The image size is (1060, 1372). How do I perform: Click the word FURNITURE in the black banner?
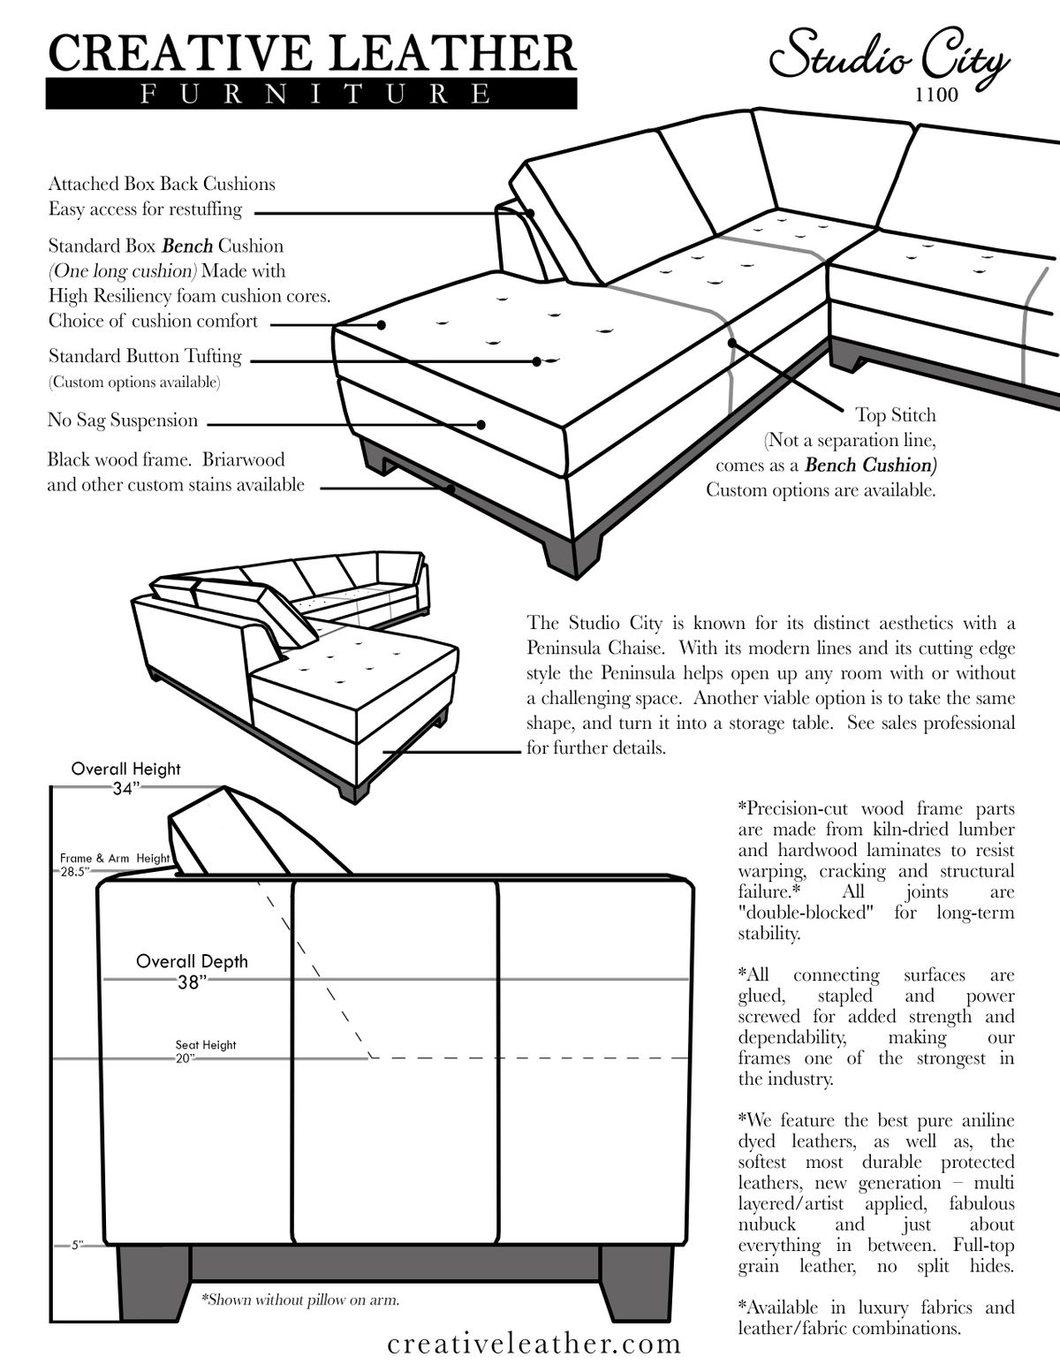point(311,94)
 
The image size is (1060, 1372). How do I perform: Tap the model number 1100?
point(936,95)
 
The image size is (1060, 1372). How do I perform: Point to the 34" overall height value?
point(125,789)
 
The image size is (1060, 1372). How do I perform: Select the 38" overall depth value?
point(191,982)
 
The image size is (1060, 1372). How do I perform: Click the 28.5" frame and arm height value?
point(73,871)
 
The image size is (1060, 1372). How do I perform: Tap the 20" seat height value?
point(185,1058)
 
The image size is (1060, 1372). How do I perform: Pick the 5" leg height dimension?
point(76,1246)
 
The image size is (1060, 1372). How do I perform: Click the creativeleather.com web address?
point(534,1344)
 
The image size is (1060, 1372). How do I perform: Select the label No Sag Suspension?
point(123,421)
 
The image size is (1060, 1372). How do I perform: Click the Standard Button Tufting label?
point(145,356)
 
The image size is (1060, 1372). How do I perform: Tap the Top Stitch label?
point(895,415)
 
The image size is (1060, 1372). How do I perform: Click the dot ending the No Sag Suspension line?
point(481,424)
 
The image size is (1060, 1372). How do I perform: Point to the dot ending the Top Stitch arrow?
point(731,342)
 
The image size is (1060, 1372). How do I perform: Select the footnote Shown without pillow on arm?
point(300,1300)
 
